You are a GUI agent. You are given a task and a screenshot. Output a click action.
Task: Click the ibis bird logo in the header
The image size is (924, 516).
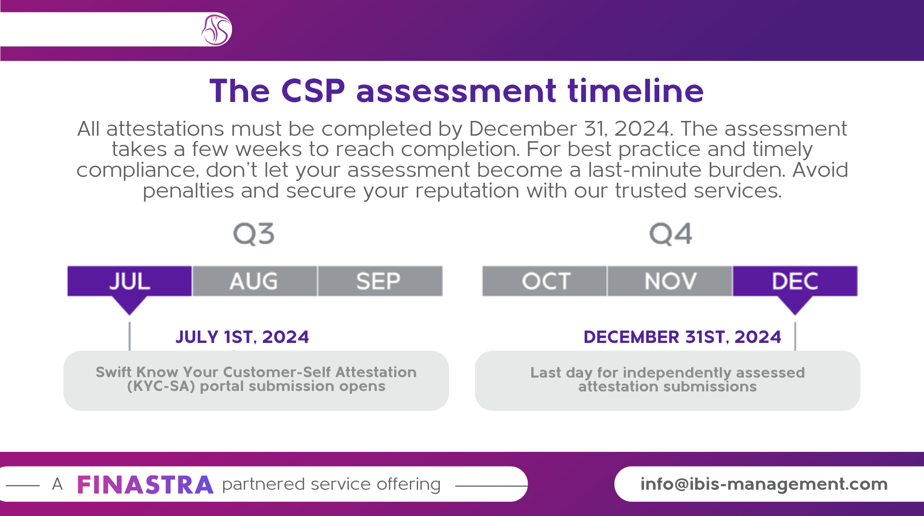216,30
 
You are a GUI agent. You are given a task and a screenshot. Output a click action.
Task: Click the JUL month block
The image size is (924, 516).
130,281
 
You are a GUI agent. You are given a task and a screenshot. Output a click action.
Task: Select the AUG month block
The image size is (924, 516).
255,281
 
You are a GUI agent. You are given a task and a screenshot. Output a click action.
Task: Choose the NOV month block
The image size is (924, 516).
669,281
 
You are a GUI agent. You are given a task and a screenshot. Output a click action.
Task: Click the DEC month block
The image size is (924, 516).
795,281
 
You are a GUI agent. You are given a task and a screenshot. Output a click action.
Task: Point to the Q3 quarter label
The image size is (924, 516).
254,234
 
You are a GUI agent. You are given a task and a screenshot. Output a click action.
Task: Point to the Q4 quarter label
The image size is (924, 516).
671,234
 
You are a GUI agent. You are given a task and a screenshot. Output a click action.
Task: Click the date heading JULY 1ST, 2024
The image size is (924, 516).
242,337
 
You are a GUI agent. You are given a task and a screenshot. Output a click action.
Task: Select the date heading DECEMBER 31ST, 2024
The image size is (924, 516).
682,337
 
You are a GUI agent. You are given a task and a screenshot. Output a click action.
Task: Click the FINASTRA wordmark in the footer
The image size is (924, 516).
145,485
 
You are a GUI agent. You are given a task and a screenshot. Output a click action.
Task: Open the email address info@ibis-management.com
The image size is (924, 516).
764,484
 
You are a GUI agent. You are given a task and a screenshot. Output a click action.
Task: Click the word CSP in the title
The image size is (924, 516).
313,90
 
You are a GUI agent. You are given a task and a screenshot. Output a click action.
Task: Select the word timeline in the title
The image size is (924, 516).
636,90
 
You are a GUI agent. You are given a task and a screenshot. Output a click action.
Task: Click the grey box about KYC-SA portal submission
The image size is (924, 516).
256,381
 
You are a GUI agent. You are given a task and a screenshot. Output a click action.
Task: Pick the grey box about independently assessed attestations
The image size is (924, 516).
668,381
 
